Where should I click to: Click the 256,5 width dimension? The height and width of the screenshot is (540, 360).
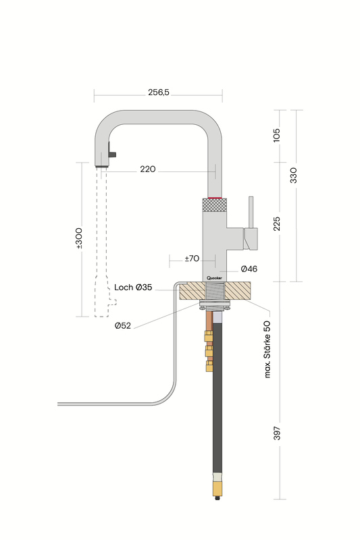[x=159, y=92]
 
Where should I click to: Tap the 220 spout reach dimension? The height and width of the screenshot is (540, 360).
[x=148, y=169]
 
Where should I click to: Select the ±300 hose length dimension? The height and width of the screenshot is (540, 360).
[x=79, y=238]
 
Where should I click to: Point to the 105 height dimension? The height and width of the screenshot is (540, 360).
[x=277, y=136]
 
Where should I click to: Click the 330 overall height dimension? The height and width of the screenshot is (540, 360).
[x=293, y=175]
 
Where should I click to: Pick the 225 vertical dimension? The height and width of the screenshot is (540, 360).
[x=277, y=224]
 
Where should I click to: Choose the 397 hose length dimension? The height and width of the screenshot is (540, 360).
[x=277, y=433]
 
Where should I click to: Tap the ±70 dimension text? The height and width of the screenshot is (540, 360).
[x=192, y=259]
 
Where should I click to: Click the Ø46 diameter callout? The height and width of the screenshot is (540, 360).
[x=249, y=269]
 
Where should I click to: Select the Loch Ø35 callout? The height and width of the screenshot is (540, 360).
[x=133, y=288]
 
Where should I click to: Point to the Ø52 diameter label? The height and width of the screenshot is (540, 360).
[x=123, y=325]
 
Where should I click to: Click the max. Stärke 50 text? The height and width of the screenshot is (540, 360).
[x=267, y=350]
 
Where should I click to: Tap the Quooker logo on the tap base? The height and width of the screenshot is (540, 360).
[x=214, y=278]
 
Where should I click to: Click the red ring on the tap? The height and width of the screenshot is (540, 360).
[x=215, y=198]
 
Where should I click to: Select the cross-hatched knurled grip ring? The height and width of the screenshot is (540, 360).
[x=214, y=205]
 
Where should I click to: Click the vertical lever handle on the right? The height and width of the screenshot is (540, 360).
[x=251, y=212]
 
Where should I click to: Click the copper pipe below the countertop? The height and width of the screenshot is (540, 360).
[x=209, y=321]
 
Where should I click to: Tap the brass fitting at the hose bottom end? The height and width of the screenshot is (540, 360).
[x=217, y=488]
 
